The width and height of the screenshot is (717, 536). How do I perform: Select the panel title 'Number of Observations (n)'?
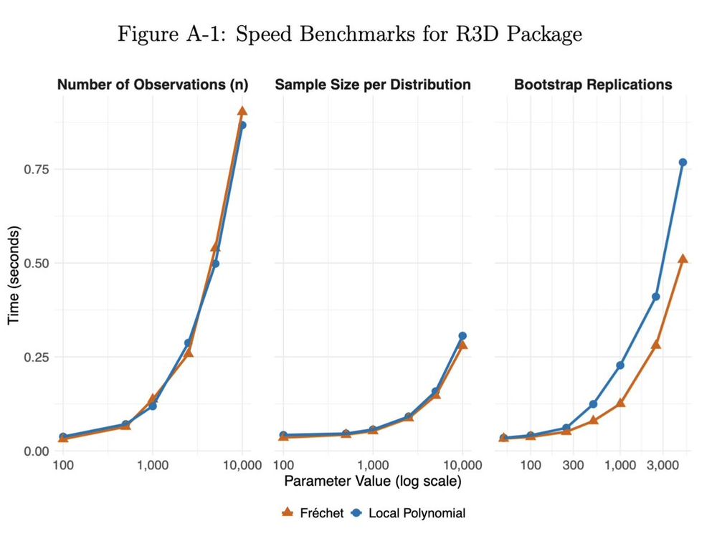(x=153, y=85)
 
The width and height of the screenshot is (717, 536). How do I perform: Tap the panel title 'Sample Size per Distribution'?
(x=373, y=85)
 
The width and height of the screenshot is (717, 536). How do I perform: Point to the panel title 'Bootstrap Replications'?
(x=593, y=85)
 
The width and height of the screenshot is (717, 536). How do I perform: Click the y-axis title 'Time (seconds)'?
(x=14, y=274)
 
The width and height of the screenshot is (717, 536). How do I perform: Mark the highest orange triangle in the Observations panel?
(x=242, y=111)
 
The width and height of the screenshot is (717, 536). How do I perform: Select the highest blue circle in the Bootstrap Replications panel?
(x=683, y=163)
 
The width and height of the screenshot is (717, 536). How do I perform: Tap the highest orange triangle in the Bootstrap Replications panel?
(x=683, y=259)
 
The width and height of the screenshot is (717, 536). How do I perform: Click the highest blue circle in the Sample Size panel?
(x=462, y=336)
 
